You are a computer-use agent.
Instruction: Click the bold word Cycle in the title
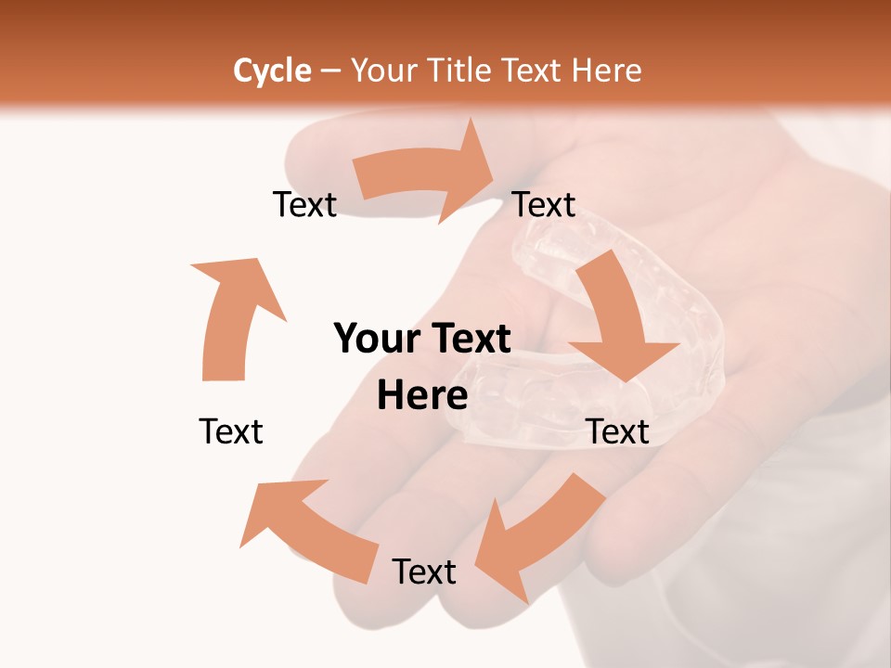[272, 71]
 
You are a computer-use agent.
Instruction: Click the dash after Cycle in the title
[330, 71]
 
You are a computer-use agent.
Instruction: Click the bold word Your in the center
[376, 340]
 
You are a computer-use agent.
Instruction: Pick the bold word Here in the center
[422, 396]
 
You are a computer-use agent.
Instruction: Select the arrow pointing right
[427, 176]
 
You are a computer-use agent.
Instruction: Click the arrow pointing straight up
[232, 315]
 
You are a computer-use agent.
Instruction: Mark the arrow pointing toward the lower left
[538, 538]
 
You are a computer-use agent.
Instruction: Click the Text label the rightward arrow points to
[544, 204]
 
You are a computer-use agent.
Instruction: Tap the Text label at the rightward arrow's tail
[304, 204]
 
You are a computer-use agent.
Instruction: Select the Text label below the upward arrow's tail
[231, 431]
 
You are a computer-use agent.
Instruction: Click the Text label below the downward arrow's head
[618, 431]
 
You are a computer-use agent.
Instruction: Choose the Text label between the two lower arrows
[424, 572]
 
